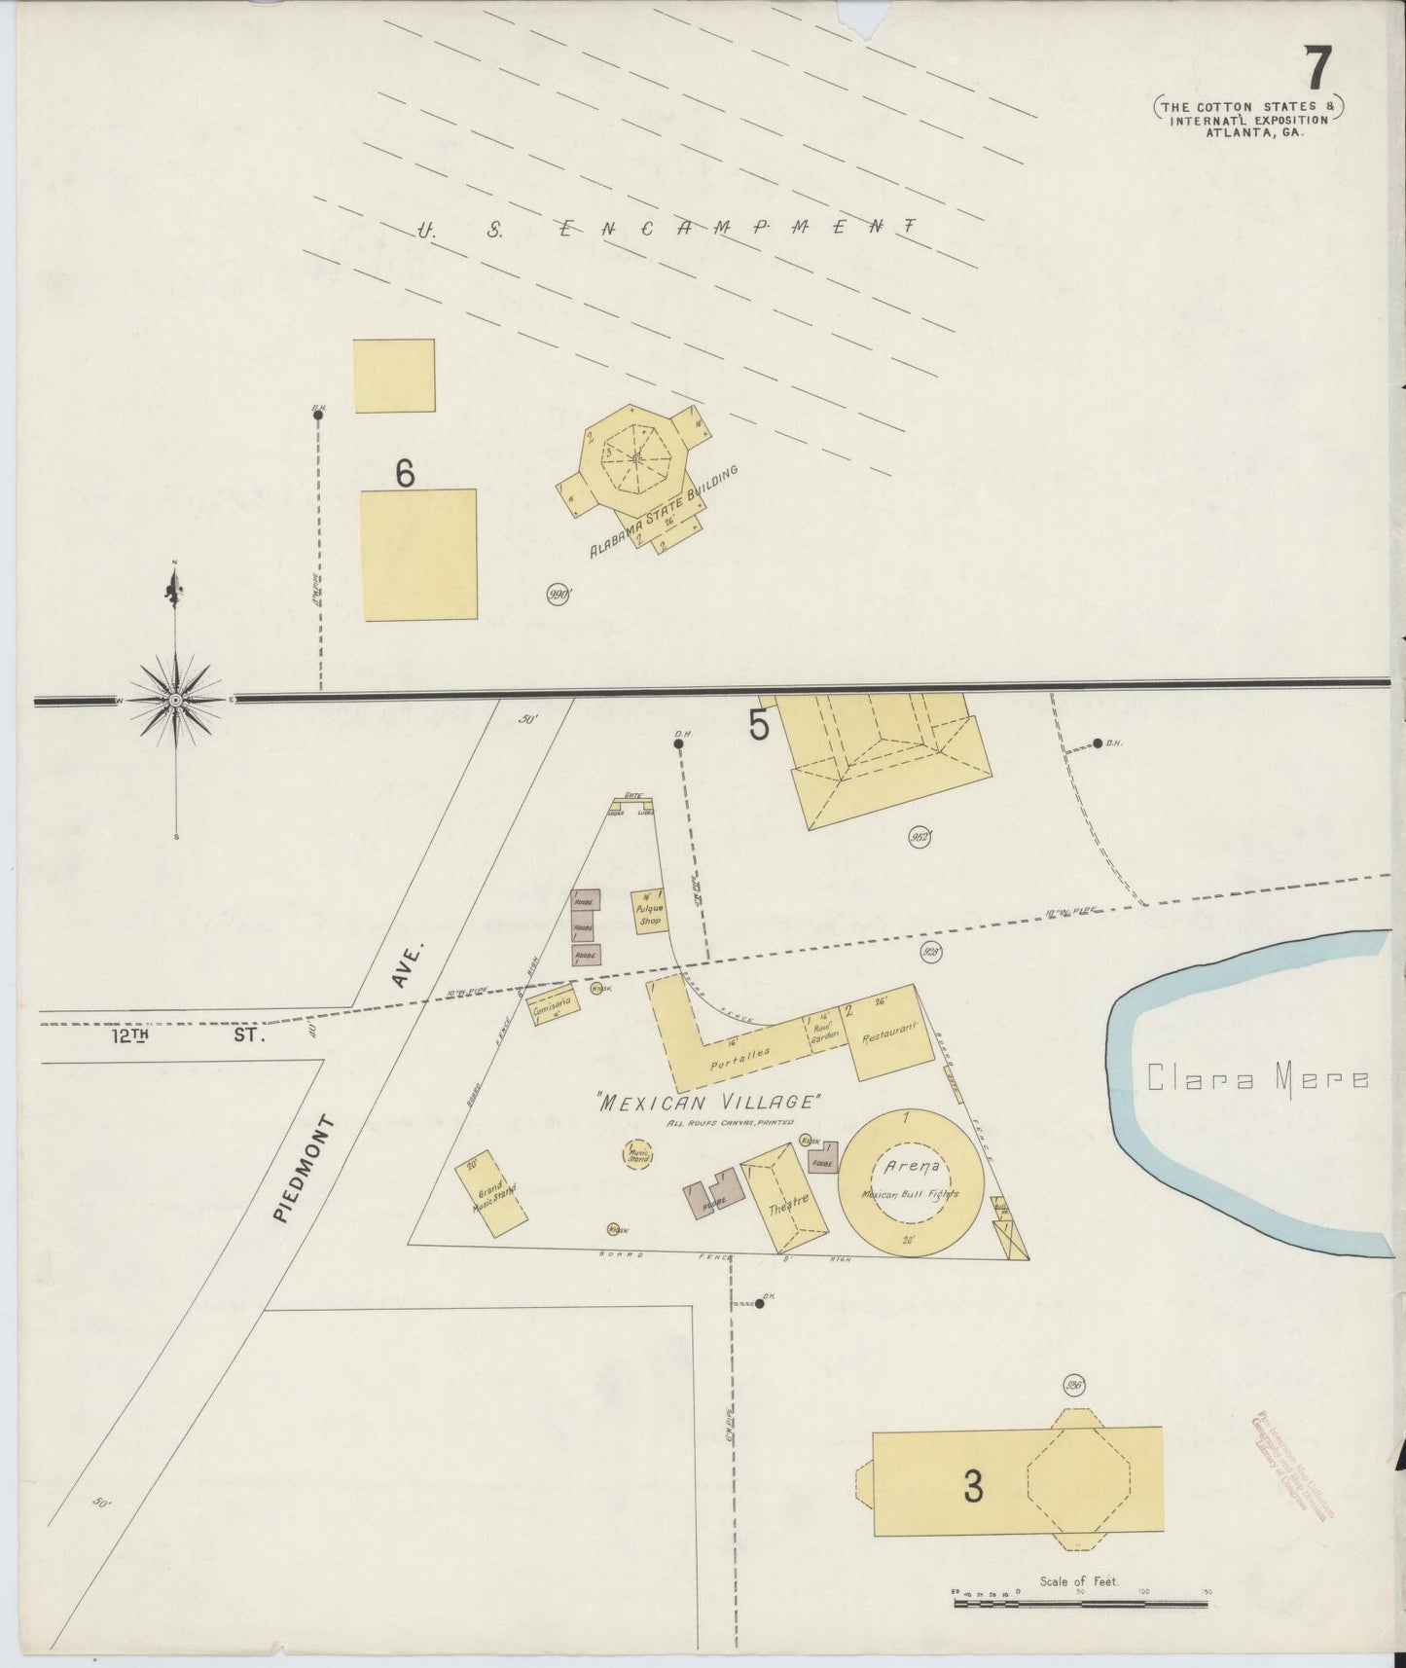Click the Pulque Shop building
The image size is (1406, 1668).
point(649,912)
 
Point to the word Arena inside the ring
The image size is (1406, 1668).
point(911,1166)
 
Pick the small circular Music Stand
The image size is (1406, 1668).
point(638,1155)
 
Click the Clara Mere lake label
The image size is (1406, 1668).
point(1258,1078)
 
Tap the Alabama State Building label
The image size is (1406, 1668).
point(665,511)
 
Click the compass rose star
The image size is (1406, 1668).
point(175,700)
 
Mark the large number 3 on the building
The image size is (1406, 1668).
point(972,1484)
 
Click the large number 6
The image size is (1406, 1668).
point(405,473)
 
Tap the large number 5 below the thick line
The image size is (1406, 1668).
point(759,725)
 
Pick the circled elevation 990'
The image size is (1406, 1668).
point(558,594)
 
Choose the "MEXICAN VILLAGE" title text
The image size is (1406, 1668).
point(709,1103)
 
